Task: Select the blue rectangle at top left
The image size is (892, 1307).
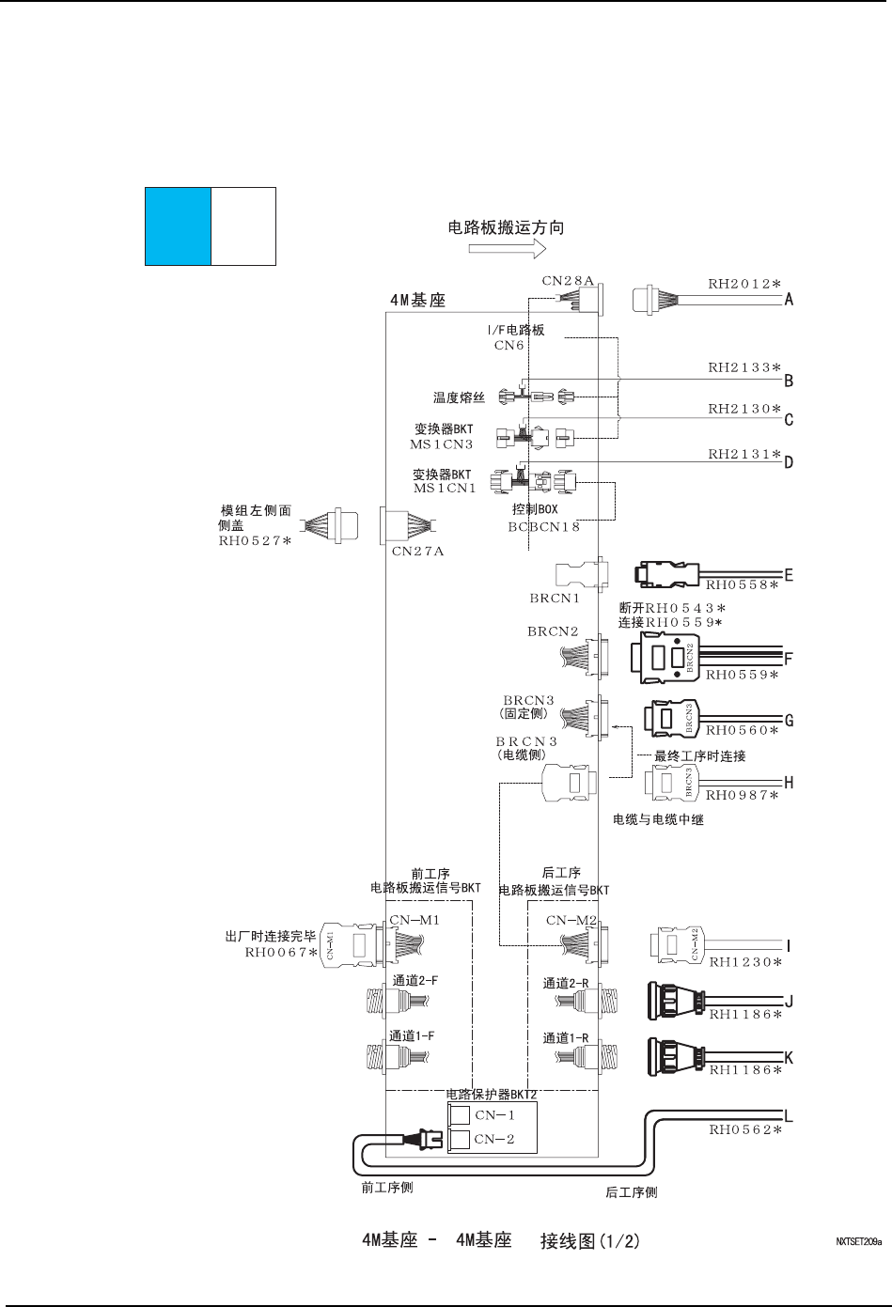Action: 178,226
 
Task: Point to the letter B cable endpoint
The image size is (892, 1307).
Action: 790,381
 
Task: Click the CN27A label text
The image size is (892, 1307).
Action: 417,552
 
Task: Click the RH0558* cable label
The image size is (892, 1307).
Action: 743,585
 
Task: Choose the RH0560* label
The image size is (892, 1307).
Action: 743,729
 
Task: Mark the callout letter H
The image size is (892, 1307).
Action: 790,782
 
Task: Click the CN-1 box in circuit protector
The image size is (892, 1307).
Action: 460,1115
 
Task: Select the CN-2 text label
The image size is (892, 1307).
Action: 494,1139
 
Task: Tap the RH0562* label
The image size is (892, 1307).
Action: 746,1130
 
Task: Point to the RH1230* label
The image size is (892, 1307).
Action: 746,961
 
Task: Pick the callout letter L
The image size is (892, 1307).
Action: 790,1117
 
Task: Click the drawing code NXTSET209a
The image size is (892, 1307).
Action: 859,1241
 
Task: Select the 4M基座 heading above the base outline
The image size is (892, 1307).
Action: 417,302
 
